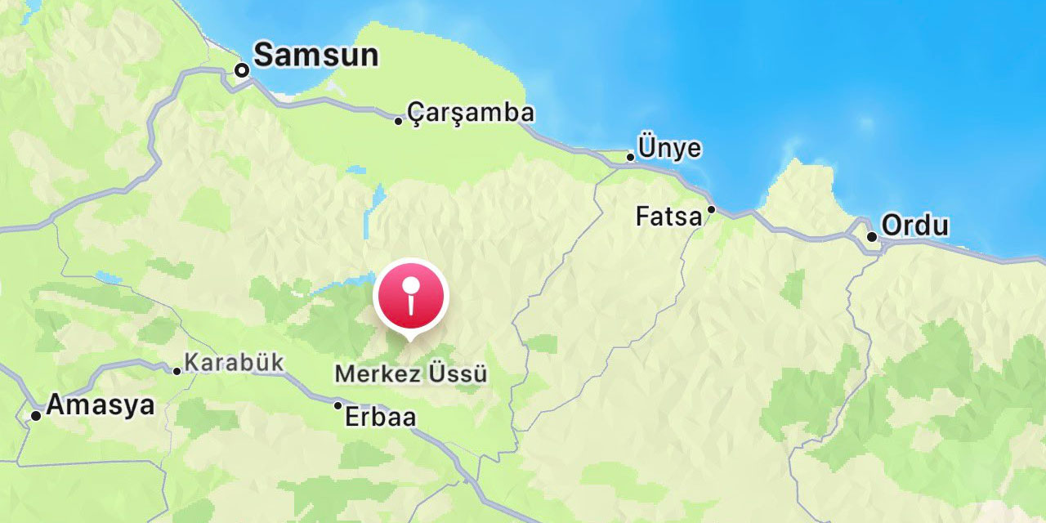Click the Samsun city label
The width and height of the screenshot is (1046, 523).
[x=315, y=56]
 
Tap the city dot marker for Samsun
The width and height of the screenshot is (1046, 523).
[x=242, y=70]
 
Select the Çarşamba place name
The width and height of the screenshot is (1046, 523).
[x=471, y=113]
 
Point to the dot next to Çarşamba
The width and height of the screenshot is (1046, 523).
[x=399, y=121]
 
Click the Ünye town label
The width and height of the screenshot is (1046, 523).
[x=669, y=149]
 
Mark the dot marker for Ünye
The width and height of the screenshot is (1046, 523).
[x=630, y=157]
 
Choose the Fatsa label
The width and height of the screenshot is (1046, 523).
[x=668, y=217]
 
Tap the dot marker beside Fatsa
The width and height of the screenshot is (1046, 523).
[x=711, y=209]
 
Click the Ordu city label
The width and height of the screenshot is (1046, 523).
[x=915, y=226]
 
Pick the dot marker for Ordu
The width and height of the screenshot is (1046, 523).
[x=872, y=237]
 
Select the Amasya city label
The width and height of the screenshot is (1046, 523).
[x=101, y=405]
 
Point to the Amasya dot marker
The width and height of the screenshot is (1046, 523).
[x=36, y=416]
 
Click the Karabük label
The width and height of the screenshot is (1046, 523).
[x=234, y=362]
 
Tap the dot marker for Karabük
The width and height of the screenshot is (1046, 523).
[x=177, y=371]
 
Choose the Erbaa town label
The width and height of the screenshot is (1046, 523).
[x=380, y=418]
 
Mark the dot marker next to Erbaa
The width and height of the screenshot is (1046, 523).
[x=337, y=405]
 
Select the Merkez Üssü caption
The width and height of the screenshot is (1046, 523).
[x=411, y=374]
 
